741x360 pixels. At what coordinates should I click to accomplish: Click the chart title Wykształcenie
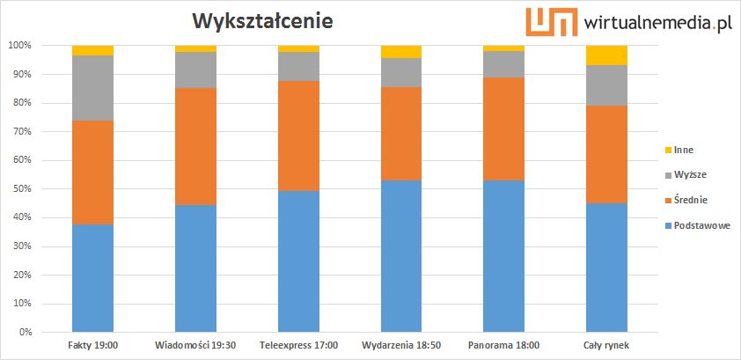coord(257,19)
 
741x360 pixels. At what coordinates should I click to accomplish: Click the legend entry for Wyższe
coord(691,175)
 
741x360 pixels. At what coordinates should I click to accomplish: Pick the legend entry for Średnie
coord(692,201)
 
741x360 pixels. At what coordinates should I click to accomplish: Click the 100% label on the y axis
coord(19,45)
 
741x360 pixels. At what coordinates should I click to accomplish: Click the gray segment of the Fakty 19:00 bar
coord(92,88)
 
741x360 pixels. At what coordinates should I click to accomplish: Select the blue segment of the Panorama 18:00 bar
coord(504,256)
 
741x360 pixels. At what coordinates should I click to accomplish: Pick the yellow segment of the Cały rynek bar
coord(607,55)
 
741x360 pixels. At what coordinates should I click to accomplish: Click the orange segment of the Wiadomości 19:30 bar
coord(195,146)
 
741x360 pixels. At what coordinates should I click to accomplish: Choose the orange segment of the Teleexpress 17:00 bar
coord(298,136)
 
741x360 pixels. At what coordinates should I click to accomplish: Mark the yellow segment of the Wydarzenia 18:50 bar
coord(401,51)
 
